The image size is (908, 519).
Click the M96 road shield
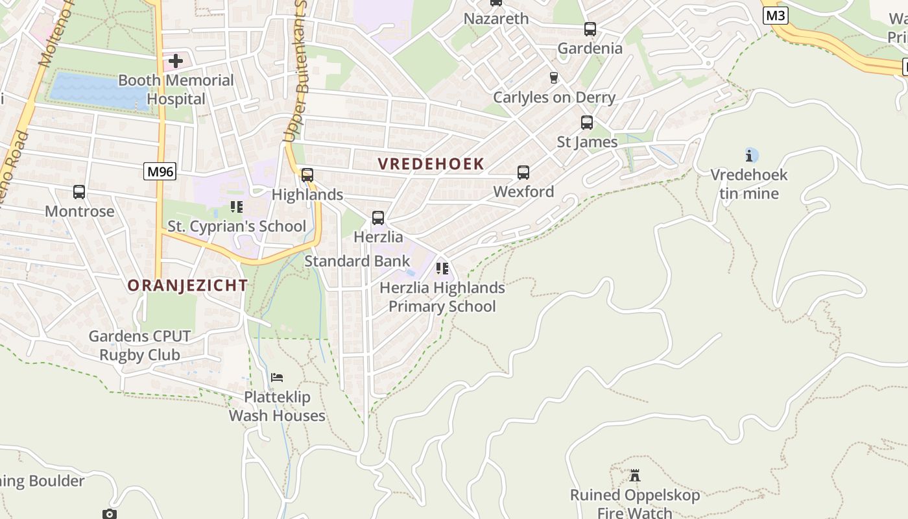tap(160, 171)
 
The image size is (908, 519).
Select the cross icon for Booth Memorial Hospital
tap(175, 62)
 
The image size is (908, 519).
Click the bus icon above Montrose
tap(79, 192)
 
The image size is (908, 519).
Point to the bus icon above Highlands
tap(307, 175)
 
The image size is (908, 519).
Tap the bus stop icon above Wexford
tap(523, 173)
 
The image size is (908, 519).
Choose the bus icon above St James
tap(587, 123)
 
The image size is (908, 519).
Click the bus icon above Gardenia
tap(590, 29)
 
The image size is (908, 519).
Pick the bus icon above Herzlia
tap(378, 218)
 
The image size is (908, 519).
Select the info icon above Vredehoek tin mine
tap(749, 156)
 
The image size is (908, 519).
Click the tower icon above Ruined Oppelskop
tap(635, 476)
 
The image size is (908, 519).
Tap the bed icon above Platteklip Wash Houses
tap(277, 378)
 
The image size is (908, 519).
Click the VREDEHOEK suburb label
tap(431, 164)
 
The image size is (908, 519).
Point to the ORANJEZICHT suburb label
tap(187, 285)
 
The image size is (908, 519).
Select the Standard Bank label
tap(357, 261)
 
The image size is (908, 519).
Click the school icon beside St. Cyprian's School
tap(237, 207)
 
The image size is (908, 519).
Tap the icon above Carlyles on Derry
tap(553, 78)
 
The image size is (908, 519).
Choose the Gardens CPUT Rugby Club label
tap(140, 346)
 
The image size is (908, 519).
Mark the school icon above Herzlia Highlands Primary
tap(442, 269)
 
